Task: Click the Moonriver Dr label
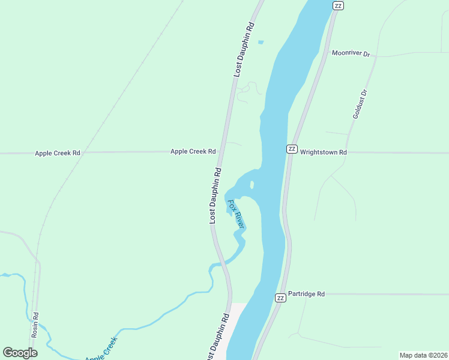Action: pos(351,53)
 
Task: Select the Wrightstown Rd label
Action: pos(324,152)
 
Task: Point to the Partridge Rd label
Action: pos(306,294)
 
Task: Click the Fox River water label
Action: pos(236,213)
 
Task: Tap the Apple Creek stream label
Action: pos(101,349)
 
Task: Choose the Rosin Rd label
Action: pos(35,324)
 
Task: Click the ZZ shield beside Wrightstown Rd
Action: pos(292,149)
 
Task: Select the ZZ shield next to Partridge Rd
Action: pos(280,298)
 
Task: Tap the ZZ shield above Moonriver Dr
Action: pos(338,5)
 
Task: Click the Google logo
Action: pos(20,353)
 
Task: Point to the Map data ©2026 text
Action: pos(424,355)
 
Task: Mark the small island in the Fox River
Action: pos(252,184)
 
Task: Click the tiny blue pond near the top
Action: pos(261,42)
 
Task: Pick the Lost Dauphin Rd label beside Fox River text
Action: pos(215,196)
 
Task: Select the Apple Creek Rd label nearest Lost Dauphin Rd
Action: pos(193,152)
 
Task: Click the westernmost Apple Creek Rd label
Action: pos(58,153)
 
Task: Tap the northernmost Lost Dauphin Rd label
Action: pos(245,49)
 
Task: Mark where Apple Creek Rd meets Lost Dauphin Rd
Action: pos(221,152)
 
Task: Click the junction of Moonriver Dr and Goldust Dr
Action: pos(377,56)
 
